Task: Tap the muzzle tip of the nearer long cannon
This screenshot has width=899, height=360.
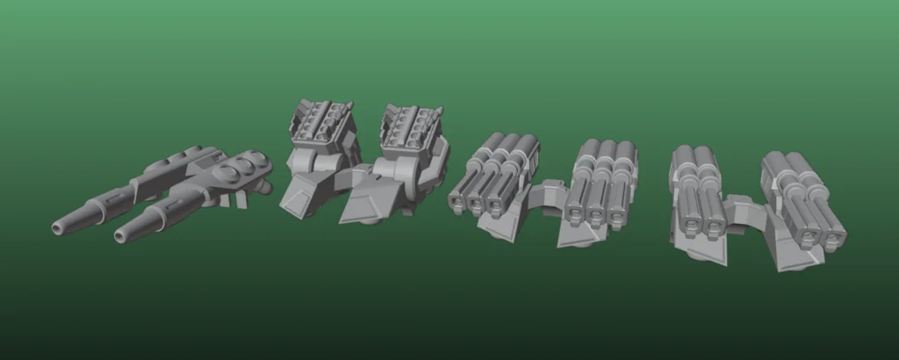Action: coord(119,236)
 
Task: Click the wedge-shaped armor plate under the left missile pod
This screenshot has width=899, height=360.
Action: coord(302,190)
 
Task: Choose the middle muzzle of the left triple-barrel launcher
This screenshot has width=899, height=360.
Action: coord(476,204)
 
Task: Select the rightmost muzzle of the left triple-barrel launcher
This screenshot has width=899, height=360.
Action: coord(495,205)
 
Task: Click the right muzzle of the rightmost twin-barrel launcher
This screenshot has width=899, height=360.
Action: coord(831,236)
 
